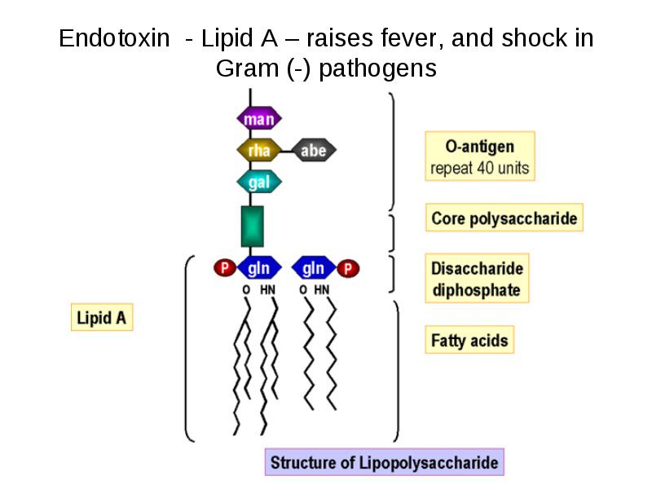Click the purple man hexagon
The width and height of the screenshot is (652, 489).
click(259, 119)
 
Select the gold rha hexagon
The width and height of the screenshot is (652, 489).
click(259, 151)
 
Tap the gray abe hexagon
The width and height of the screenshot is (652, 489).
click(314, 150)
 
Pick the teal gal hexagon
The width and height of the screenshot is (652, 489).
click(259, 182)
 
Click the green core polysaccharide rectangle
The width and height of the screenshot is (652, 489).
click(253, 227)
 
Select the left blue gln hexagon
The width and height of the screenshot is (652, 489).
click(259, 268)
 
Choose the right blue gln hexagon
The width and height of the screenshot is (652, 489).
click(314, 268)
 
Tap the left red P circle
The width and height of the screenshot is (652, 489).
click(225, 268)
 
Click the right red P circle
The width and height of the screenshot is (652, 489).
click(348, 269)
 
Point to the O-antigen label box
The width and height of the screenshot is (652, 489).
click(480, 156)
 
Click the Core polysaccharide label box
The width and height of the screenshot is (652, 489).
click(504, 218)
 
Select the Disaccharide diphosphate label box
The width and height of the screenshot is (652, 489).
click(477, 278)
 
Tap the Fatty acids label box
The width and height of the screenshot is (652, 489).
click(469, 340)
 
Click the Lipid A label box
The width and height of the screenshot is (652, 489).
click(102, 317)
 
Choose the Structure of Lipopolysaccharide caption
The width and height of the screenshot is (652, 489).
click(385, 462)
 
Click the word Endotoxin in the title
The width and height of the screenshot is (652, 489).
click(114, 38)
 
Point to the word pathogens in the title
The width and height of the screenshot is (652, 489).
click(377, 68)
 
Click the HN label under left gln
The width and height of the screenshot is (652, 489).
click(267, 289)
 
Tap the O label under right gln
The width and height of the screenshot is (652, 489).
click(303, 289)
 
